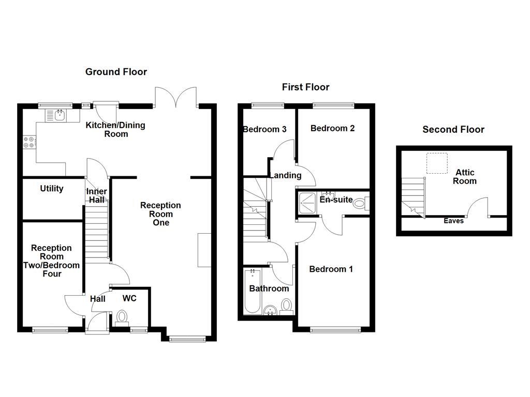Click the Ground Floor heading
116,72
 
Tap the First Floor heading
305,87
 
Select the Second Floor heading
453,129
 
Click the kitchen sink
56,115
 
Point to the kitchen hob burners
28,142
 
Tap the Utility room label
52,189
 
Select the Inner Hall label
96,195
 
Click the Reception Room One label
161,214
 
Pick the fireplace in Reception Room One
204,250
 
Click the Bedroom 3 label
264,129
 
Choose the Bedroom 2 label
332,128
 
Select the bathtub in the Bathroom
252,292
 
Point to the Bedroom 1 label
331,269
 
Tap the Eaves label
453,221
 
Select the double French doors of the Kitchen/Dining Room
176,98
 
